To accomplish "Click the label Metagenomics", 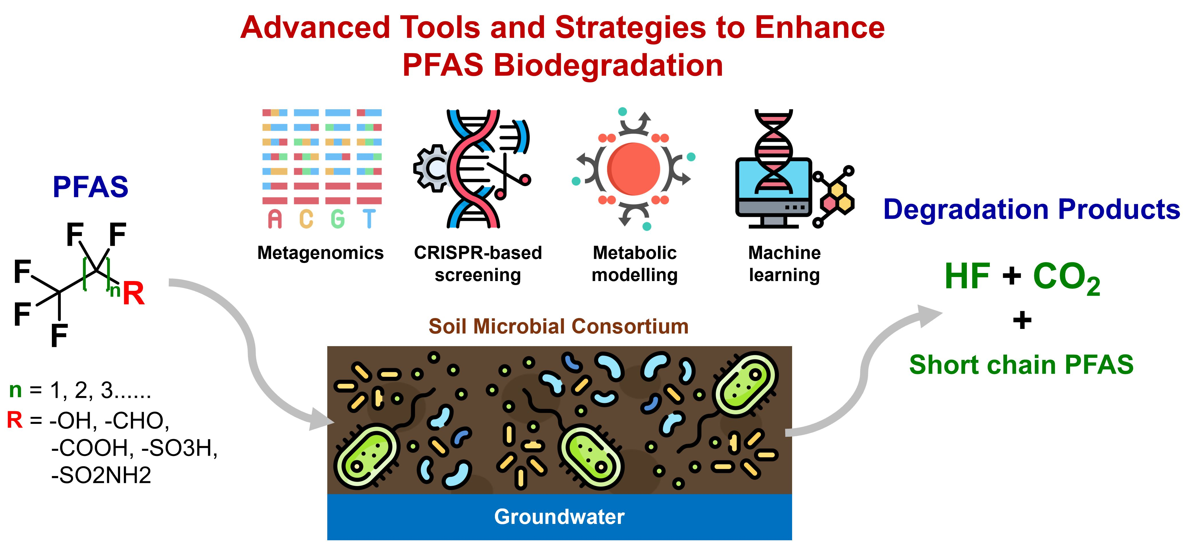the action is (320, 253).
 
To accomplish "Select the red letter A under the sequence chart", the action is (275, 219).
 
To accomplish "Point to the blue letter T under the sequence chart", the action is (369, 219).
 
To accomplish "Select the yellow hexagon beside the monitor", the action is (838, 190).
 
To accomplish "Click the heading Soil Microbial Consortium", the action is (559, 326).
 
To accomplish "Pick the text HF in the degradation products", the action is (967, 277).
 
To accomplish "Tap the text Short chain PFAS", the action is (1021, 365).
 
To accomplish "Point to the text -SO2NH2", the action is (101, 475).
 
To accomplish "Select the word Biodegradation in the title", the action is (608, 65).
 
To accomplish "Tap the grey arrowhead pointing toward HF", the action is (929, 315).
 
